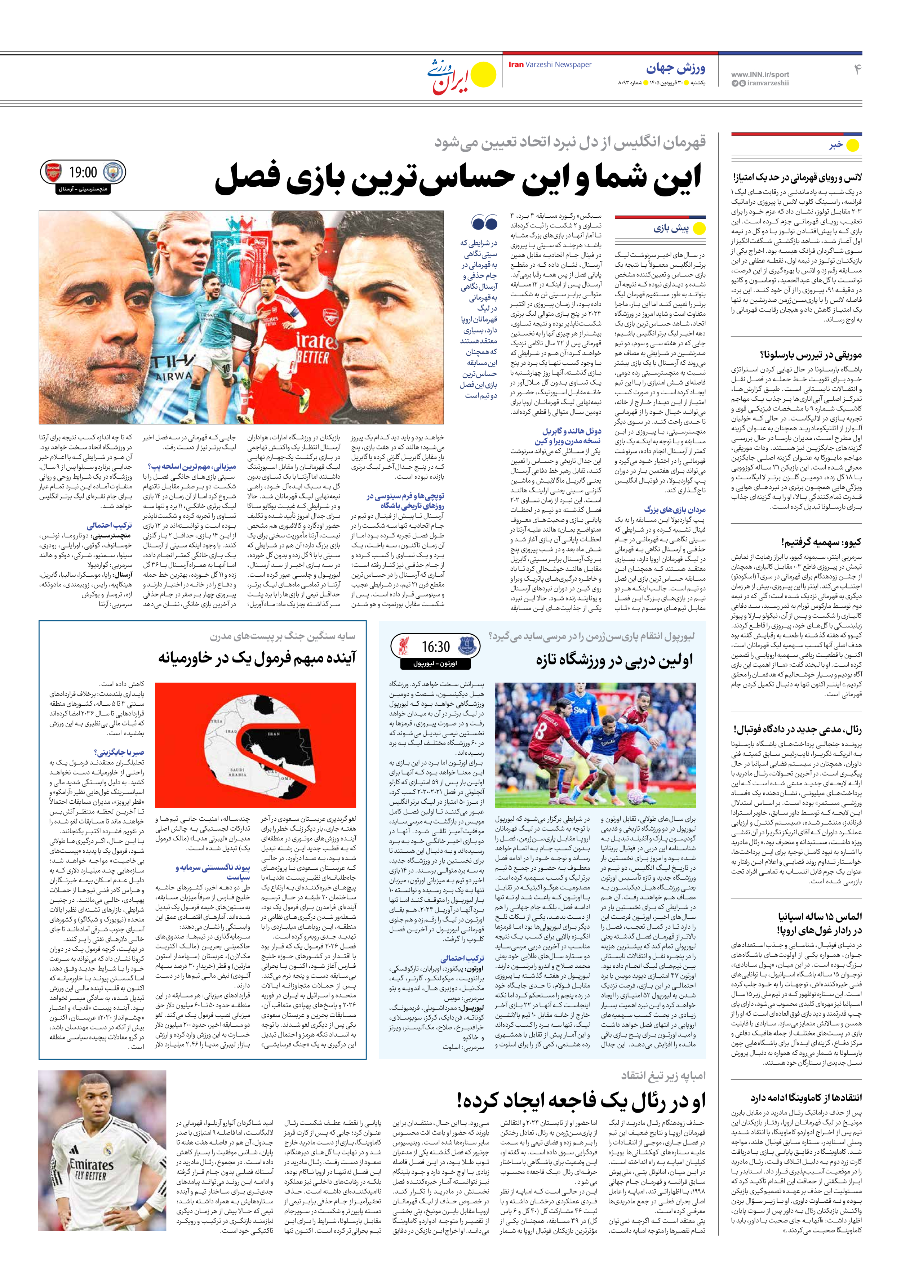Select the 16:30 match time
pos(436,647)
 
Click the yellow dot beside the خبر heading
pos(852,145)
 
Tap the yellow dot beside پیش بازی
pos(698,229)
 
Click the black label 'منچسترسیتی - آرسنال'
pos(83,190)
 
